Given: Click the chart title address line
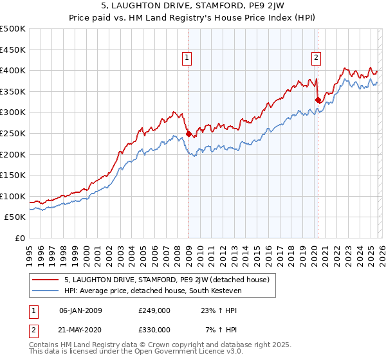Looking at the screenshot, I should [x=193, y=7].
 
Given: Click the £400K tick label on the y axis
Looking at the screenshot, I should [x=13, y=70].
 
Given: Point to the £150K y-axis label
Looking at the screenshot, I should [x=13, y=175].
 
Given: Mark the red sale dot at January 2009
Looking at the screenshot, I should [x=188, y=134].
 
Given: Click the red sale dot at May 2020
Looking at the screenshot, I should [x=318, y=100].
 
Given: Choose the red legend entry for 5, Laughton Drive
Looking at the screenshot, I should [x=170, y=280].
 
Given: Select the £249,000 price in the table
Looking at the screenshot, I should [x=154, y=310].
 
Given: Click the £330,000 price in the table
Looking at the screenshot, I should [x=154, y=329].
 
